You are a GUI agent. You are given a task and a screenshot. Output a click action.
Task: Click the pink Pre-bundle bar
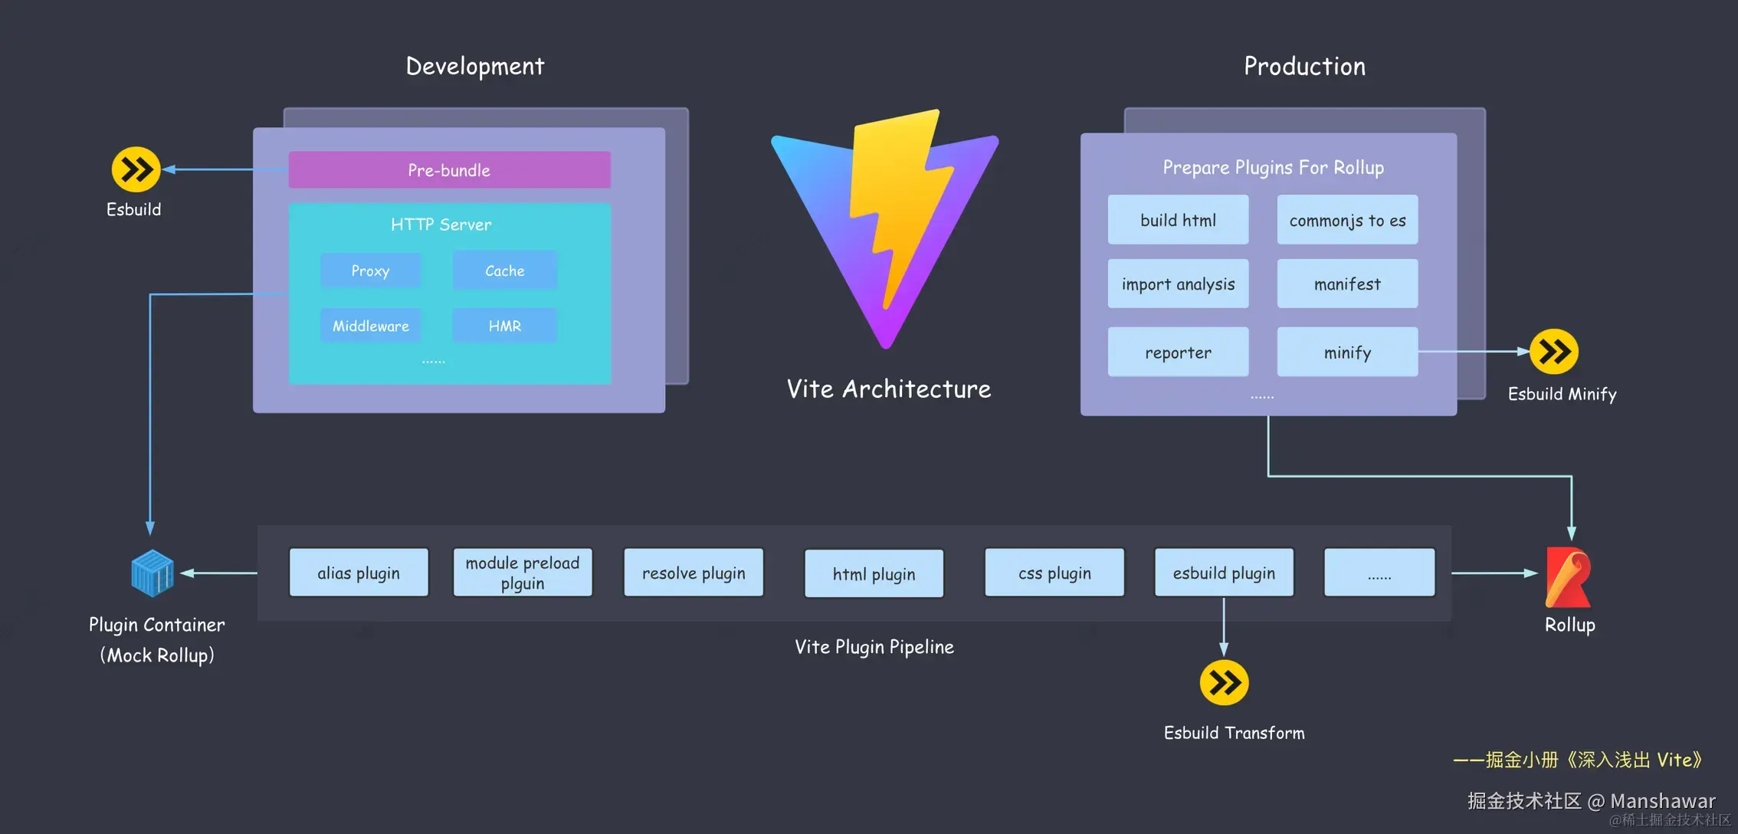tap(449, 170)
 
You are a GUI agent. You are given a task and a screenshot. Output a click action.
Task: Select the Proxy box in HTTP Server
tap(370, 271)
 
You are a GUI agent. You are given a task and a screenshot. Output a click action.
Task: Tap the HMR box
tap(504, 326)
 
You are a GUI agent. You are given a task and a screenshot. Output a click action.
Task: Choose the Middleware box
tap(370, 326)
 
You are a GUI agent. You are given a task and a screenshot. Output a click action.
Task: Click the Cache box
tap(504, 271)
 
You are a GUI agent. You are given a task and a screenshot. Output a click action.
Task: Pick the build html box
tap(1178, 220)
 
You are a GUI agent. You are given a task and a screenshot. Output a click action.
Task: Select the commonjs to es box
tap(1347, 220)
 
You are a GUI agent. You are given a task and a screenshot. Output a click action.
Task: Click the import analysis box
tap(1178, 284)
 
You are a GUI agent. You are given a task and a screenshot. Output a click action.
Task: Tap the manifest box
tap(1347, 284)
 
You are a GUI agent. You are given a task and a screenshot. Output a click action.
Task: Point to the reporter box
tap(1178, 353)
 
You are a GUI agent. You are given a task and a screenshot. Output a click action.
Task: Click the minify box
tap(1347, 353)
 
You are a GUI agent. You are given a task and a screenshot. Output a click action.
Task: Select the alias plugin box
tap(359, 573)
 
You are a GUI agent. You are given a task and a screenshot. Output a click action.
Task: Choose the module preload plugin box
tap(523, 573)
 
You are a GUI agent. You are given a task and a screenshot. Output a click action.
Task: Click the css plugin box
tap(1054, 573)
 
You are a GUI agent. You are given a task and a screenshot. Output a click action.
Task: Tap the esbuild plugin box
tap(1224, 573)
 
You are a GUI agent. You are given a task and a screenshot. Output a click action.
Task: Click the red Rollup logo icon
tap(1568, 576)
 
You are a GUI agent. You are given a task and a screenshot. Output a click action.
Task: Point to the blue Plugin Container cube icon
tap(152, 573)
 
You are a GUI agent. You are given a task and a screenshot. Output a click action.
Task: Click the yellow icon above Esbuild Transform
tap(1224, 682)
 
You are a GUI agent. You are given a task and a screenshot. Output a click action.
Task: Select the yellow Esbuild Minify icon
tap(1554, 352)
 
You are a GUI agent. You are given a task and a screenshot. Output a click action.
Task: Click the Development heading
tap(475, 67)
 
